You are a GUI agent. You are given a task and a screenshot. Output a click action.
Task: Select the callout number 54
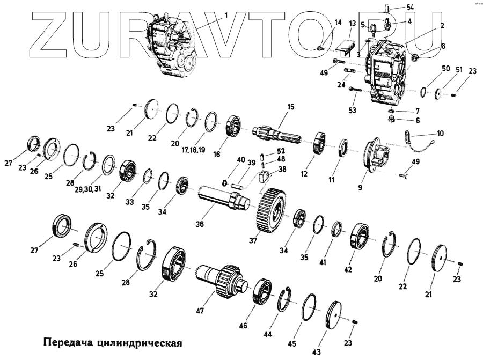pyautogui.click(x=396, y=6)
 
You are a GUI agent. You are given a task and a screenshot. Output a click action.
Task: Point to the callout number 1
pyautogui.click(x=226, y=16)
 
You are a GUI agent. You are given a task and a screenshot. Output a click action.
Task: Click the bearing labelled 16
pyautogui.click(x=235, y=127)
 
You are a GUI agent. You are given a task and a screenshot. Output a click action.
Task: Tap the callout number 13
pyautogui.click(x=352, y=24)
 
